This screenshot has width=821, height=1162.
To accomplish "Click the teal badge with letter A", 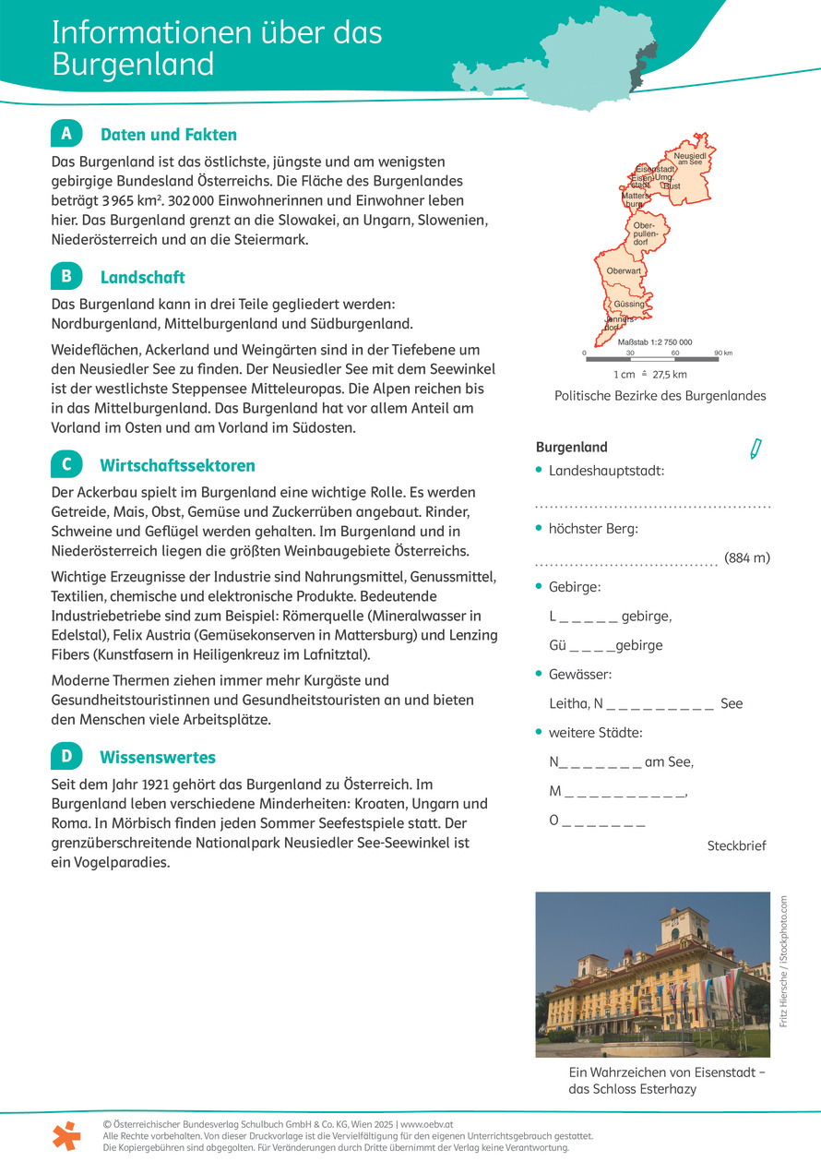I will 66,134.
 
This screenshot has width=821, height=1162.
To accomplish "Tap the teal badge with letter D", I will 66,757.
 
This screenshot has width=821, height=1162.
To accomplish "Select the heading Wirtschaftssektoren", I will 177,465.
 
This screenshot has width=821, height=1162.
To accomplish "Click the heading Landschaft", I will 142,277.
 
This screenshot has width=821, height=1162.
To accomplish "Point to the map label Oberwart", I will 624,270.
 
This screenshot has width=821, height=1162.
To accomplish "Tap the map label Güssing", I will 628,304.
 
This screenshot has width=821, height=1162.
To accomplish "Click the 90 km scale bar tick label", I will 722,353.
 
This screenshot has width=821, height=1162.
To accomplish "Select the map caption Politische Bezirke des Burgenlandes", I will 660,395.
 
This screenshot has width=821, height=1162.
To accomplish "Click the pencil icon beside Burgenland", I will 756,449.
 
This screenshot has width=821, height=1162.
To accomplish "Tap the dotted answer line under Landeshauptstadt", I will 652,506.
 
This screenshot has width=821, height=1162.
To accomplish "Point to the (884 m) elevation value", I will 746,557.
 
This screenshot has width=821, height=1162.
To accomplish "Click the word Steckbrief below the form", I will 736,845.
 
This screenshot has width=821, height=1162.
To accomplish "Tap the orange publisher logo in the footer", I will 66,1135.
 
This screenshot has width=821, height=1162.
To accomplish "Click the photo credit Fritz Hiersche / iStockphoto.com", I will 783,961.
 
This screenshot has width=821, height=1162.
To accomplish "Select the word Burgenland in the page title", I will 133,65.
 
